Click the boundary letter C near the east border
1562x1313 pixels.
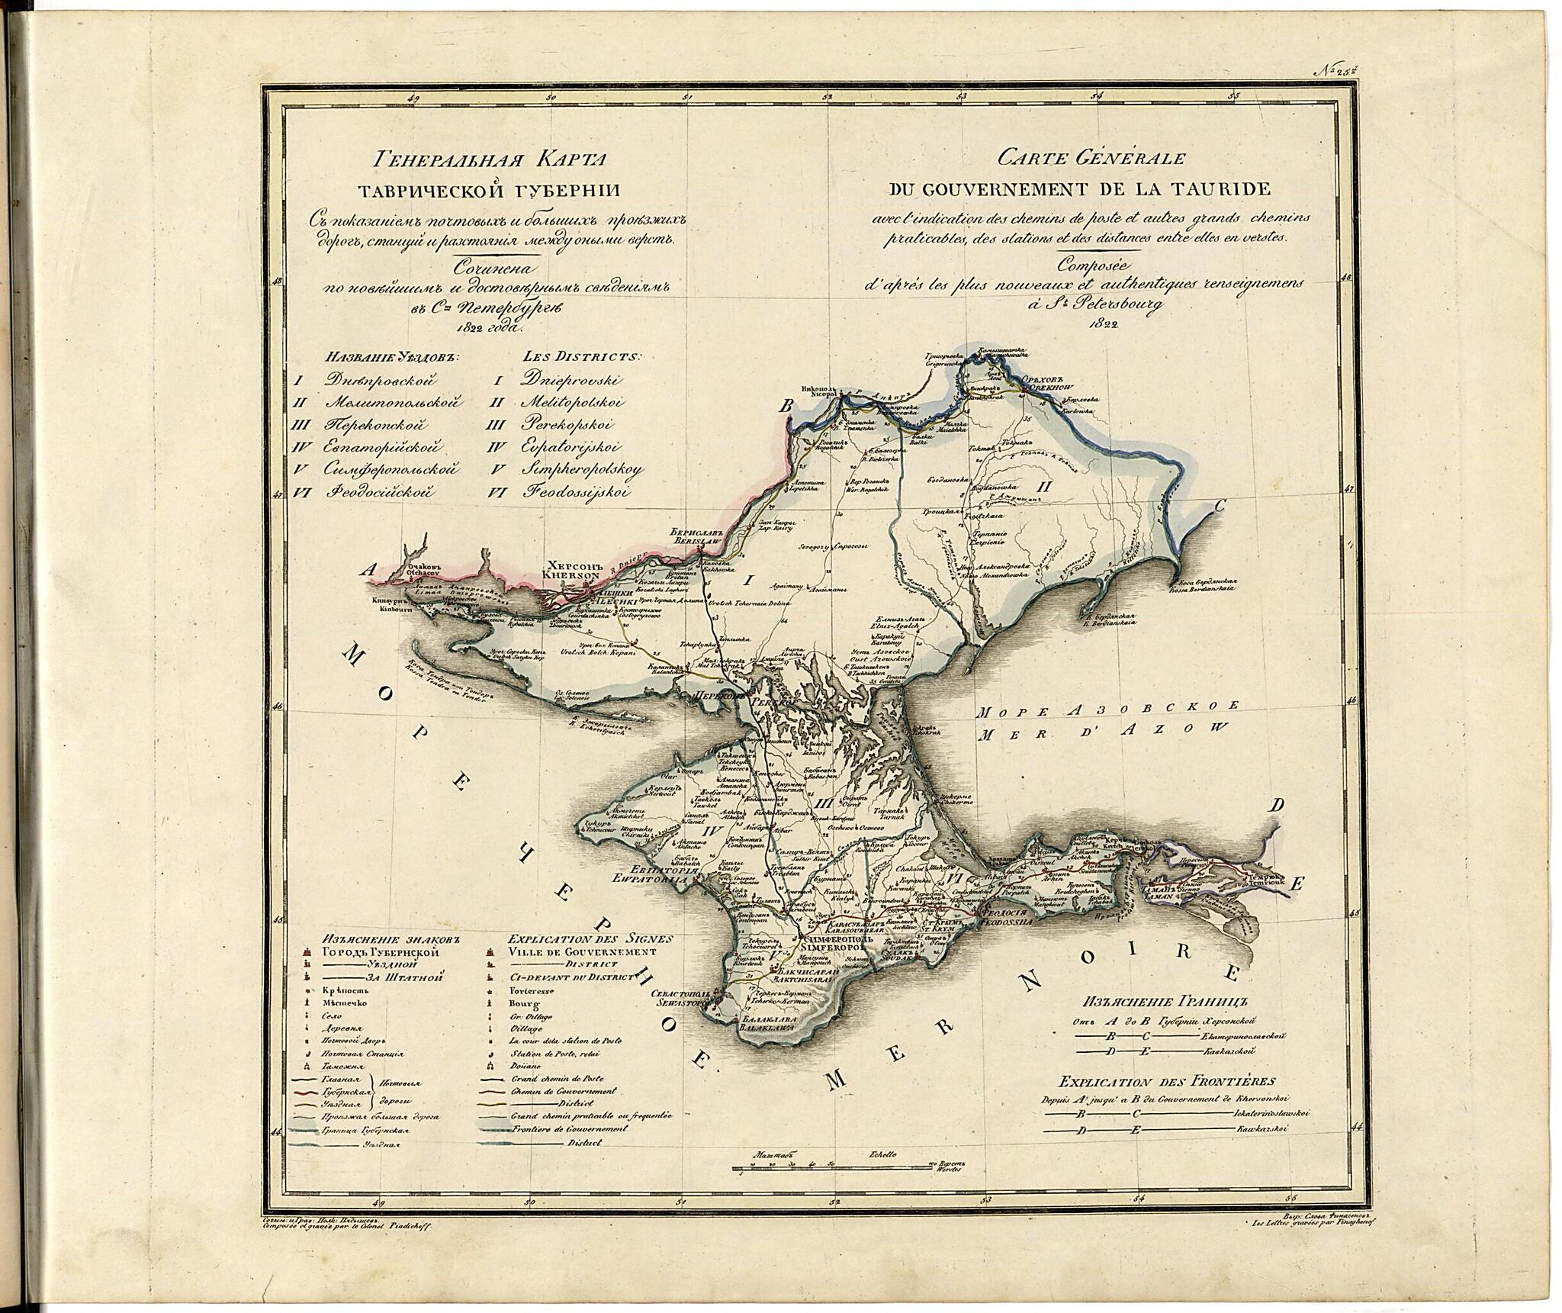(1220, 504)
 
